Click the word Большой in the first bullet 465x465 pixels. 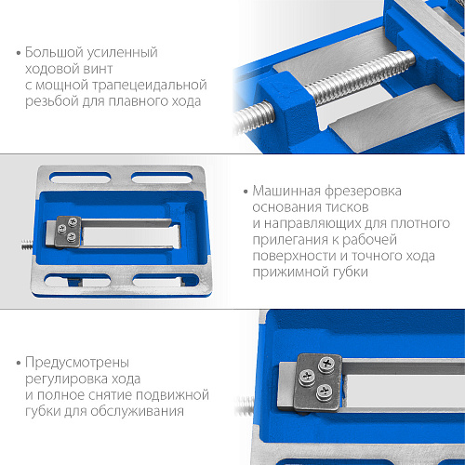click(x=54, y=52)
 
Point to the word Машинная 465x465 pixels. click(x=286, y=191)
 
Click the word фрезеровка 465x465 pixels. click(x=363, y=192)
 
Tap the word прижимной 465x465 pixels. click(x=290, y=272)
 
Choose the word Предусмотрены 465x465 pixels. click(x=77, y=363)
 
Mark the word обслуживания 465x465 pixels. click(x=137, y=412)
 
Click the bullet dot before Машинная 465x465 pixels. click(x=246, y=192)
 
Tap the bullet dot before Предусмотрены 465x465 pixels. click(x=19, y=363)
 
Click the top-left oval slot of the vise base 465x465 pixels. click(x=80, y=178)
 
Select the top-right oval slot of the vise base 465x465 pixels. click(x=162, y=179)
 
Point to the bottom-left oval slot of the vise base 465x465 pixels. click(x=77, y=280)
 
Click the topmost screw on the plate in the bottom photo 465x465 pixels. click(x=326, y=364)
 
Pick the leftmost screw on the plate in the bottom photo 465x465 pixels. click(x=307, y=377)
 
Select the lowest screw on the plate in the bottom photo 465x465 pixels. click(x=325, y=392)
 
